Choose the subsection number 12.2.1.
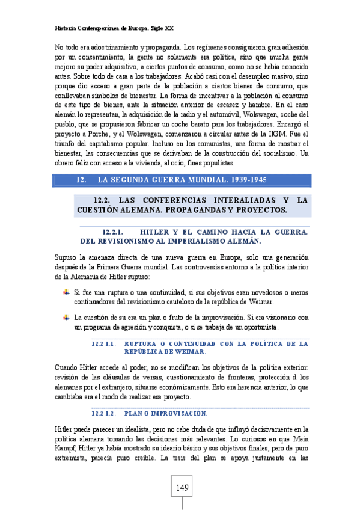113,232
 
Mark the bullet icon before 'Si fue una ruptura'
66,292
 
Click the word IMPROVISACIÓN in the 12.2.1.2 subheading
174,414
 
